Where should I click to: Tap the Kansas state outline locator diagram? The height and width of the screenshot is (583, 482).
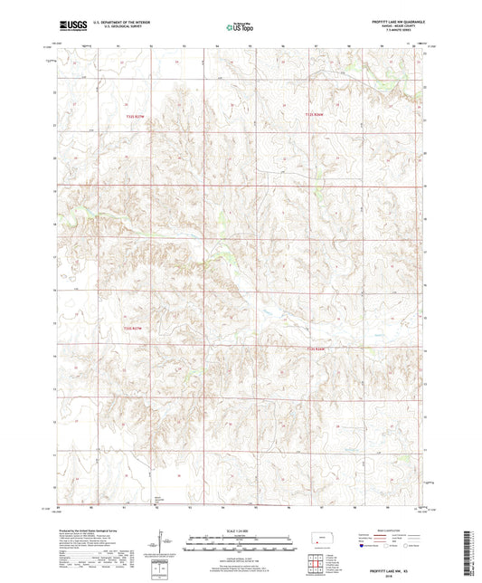323,540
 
